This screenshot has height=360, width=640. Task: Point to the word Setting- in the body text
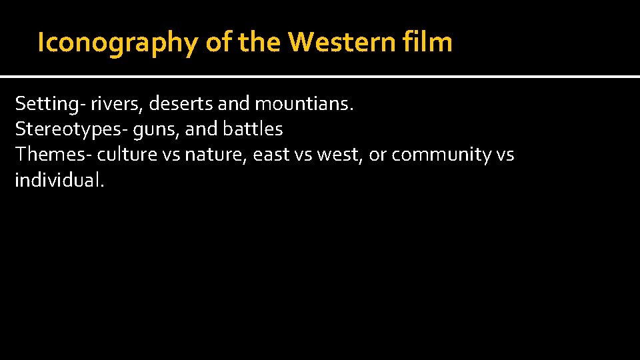[x=45, y=104]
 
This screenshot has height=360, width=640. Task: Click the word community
[x=441, y=155]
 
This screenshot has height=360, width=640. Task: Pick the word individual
[x=59, y=179]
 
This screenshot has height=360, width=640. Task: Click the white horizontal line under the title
[x=320, y=77]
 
